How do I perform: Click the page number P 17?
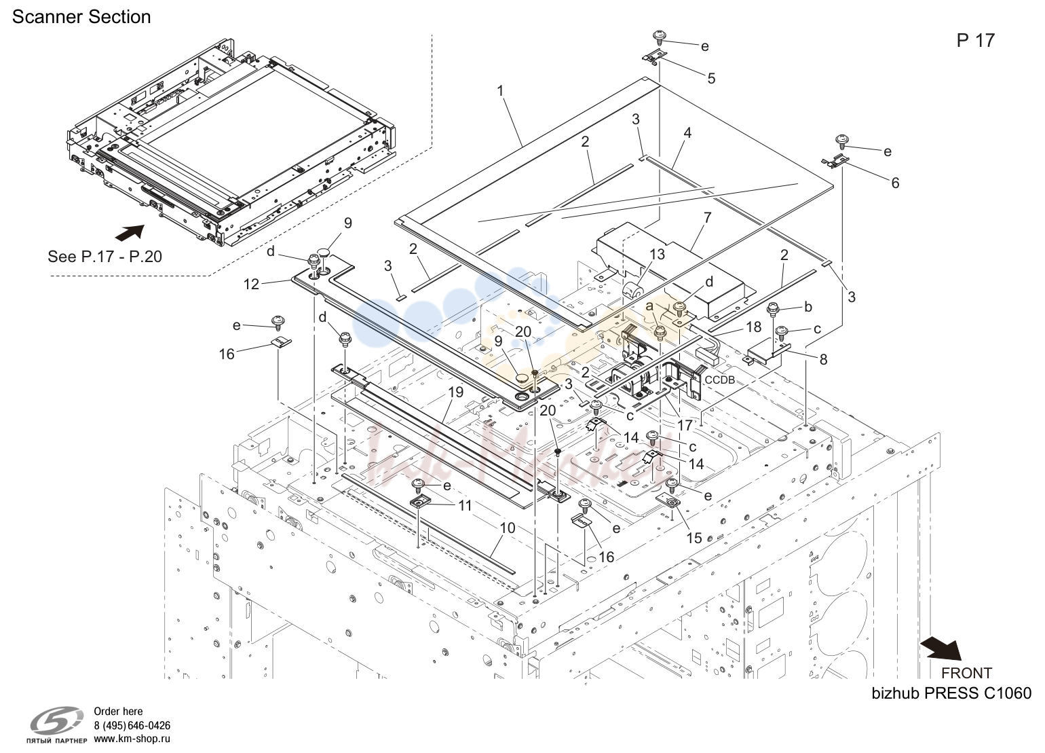[x=976, y=41]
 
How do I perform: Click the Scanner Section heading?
[x=81, y=17]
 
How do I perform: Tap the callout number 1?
[x=501, y=90]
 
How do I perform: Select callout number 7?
[x=708, y=217]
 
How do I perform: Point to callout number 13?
[x=658, y=255]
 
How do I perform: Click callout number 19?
[x=456, y=392]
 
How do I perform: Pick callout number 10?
[x=508, y=528]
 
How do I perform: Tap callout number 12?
[x=251, y=284]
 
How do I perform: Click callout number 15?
[x=694, y=538]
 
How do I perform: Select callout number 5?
[x=711, y=78]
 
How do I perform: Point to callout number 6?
[x=895, y=183]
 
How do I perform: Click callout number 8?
[x=823, y=359]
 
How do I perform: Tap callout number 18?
[x=754, y=327]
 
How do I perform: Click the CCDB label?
[x=720, y=380]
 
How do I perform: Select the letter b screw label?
[x=808, y=307]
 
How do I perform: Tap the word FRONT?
[x=966, y=673]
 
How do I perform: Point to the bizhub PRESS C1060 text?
[x=951, y=693]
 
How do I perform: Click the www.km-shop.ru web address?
[x=132, y=739]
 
